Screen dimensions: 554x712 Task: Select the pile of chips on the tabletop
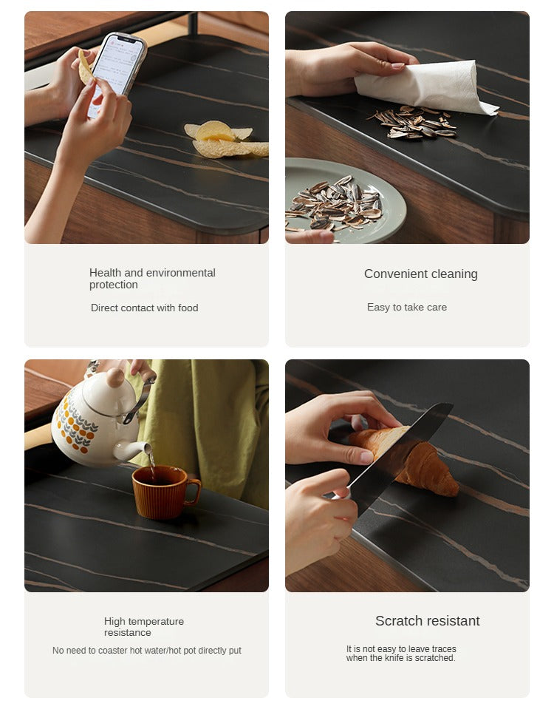point(226,139)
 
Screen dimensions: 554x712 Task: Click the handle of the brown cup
point(193,492)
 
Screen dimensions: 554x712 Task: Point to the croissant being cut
point(408,458)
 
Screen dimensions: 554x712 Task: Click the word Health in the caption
point(106,272)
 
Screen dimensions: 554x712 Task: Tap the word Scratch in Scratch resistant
point(398,621)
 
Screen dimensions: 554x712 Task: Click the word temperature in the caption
point(154,622)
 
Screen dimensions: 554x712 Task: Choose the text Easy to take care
point(407,308)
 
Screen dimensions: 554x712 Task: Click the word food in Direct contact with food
point(188,308)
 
